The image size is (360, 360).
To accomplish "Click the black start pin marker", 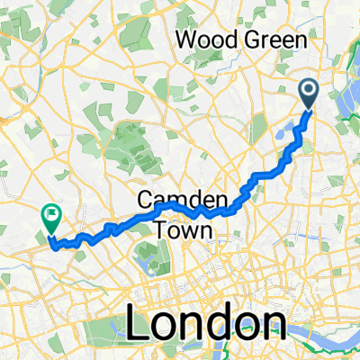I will [x=308, y=93].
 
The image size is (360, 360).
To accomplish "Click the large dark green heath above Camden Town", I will [x=132, y=144].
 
